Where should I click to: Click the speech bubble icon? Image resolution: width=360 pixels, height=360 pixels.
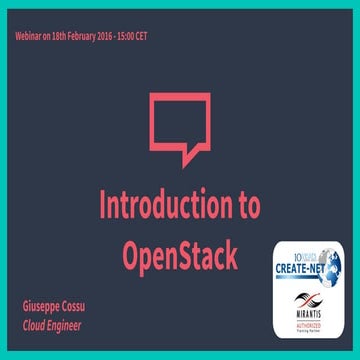click(x=181, y=127)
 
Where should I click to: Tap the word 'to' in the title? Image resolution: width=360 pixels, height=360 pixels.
click(x=244, y=204)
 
